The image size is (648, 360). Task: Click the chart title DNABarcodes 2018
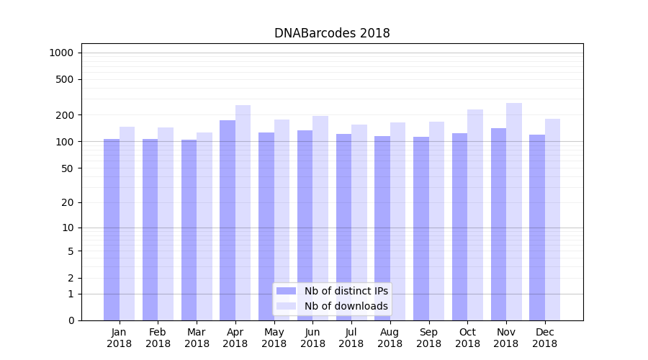point(332,34)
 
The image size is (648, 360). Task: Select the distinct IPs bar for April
point(228,220)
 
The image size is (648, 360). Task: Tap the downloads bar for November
point(514,212)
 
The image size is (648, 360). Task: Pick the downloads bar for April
point(243,212)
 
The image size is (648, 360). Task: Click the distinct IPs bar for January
point(112,229)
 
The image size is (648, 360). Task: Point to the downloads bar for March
point(204,226)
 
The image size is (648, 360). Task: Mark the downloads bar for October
point(475,215)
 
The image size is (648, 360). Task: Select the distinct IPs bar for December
point(537,227)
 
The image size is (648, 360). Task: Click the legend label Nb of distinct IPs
point(346,291)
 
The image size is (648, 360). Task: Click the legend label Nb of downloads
point(346,306)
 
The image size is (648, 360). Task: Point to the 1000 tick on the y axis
point(61,53)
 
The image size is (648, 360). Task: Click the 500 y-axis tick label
point(65,79)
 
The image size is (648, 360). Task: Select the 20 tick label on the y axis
point(68,202)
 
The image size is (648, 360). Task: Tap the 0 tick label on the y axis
point(71,320)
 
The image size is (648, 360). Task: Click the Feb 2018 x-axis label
point(158,338)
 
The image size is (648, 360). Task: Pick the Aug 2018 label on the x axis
point(390,338)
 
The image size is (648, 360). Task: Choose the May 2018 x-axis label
point(274,338)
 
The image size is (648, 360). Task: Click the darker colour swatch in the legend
point(286,291)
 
